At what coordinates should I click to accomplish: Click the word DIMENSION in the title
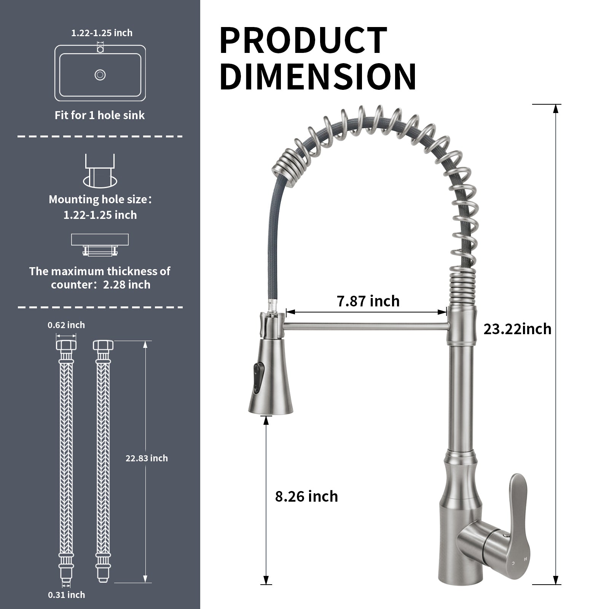click(317, 77)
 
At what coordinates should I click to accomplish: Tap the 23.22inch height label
click(517, 329)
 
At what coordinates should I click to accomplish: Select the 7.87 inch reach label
click(368, 301)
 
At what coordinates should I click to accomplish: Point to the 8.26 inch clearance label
click(306, 496)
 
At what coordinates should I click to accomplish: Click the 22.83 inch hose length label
click(147, 458)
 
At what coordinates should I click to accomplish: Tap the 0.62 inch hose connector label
click(66, 325)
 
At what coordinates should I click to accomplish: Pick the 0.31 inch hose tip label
click(66, 595)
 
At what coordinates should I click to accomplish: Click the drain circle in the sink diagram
click(100, 75)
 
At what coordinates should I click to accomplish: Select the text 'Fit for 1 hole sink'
click(100, 115)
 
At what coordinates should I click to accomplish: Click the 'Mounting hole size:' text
click(100, 199)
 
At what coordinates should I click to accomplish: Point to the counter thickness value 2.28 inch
click(127, 285)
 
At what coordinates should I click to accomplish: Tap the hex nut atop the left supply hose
click(66, 345)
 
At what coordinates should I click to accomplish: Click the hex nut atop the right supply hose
click(103, 345)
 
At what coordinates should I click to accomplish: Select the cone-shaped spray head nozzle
click(271, 384)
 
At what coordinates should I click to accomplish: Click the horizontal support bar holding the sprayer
click(365, 326)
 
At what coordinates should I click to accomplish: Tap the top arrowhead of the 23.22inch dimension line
click(556, 108)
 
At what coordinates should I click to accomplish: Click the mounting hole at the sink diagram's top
click(100, 49)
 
